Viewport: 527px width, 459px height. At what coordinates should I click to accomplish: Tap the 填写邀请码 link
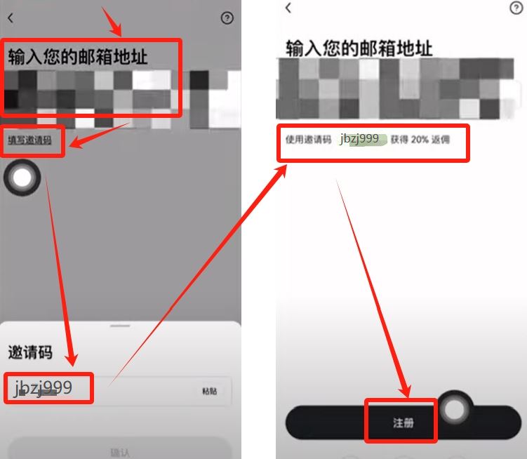pyautogui.click(x=29, y=140)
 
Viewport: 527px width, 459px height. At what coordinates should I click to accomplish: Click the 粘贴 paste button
pyautogui.click(x=209, y=391)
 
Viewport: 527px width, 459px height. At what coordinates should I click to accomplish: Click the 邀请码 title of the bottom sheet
pyautogui.click(x=29, y=352)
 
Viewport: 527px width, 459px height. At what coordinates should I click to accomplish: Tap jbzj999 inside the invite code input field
pyautogui.click(x=44, y=388)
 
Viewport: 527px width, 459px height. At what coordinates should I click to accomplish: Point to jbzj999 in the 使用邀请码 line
pyautogui.click(x=360, y=139)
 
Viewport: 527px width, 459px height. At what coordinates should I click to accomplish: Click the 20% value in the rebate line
pyautogui.click(x=420, y=140)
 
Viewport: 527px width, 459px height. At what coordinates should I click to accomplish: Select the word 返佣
pyautogui.click(x=441, y=140)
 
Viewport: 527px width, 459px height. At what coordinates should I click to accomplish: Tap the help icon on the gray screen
pyautogui.click(x=227, y=19)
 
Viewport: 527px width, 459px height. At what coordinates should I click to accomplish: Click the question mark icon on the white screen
pyautogui.click(x=516, y=8)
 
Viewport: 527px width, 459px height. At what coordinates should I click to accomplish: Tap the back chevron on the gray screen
pyautogui.click(x=10, y=19)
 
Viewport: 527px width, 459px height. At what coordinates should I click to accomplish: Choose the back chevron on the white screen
pyautogui.click(x=288, y=8)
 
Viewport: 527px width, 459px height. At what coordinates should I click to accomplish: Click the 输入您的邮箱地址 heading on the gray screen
pyautogui.click(x=78, y=55)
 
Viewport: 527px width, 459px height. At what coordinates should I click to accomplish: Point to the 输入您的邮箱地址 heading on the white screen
pyautogui.click(x=359, y=48)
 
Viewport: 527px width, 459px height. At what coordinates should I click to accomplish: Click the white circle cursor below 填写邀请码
pyautogui.click(x=22, y=178)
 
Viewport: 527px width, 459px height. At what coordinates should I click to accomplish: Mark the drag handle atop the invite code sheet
pyautogui.click(x=120, y=326)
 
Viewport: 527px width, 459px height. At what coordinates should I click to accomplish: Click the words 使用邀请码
pyautogui.click(x=308, y=140)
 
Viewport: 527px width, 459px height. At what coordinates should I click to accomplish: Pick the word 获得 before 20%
pyautogui.click(x=399, y=140)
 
